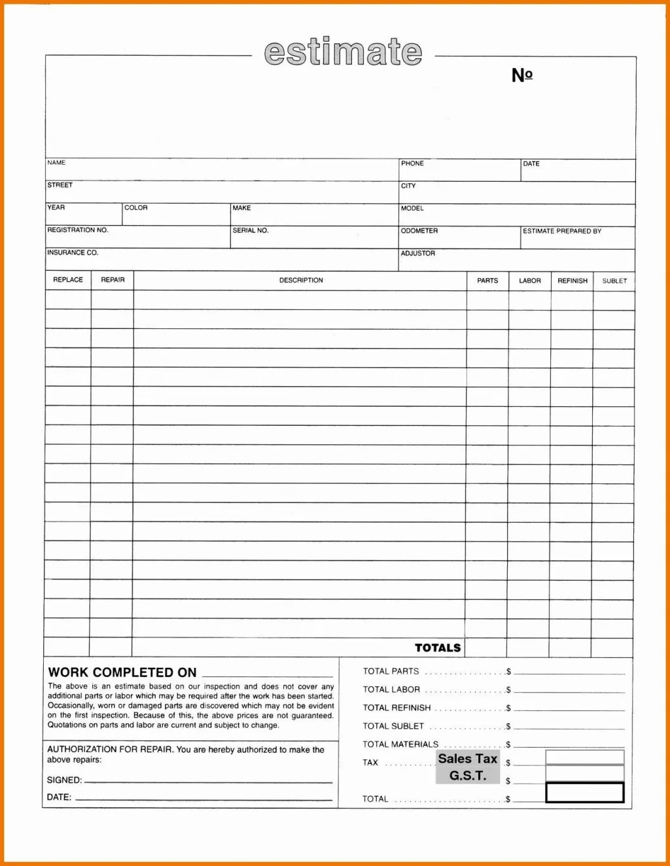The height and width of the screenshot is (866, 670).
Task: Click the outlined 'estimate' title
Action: pos(343,52)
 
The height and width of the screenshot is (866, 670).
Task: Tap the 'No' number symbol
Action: pos(522,75)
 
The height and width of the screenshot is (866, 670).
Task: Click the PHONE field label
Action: pos(412,164)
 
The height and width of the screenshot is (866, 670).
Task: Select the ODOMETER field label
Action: pos(419,231)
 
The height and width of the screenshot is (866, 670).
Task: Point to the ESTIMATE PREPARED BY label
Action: pos(562,231)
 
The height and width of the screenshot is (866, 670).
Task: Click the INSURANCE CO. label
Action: pos(73,252)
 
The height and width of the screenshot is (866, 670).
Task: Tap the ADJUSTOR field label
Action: pos(417,253)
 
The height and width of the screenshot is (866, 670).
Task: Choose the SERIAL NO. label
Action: pos(251,230)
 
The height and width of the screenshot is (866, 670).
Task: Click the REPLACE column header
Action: pos(68,280)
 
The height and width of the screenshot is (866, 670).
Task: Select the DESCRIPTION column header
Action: pos(301,280)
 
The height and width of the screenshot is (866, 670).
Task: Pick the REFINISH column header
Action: pos(573,281)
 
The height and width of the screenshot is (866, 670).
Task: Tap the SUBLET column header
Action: pos(614,281)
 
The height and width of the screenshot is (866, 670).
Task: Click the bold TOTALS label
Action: pos(438,648)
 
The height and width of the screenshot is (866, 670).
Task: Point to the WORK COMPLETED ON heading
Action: pos(122,672)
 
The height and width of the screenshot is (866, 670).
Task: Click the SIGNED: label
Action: pos(64,780)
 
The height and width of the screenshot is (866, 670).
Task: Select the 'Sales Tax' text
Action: pos(468,759)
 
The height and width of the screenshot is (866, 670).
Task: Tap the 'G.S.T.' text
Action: pos(468,776)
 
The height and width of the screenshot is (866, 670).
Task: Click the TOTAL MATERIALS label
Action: pos(400,744)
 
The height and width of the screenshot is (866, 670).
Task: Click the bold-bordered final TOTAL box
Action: pos(584,793)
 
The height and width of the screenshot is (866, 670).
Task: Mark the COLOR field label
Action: pos(136,208)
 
